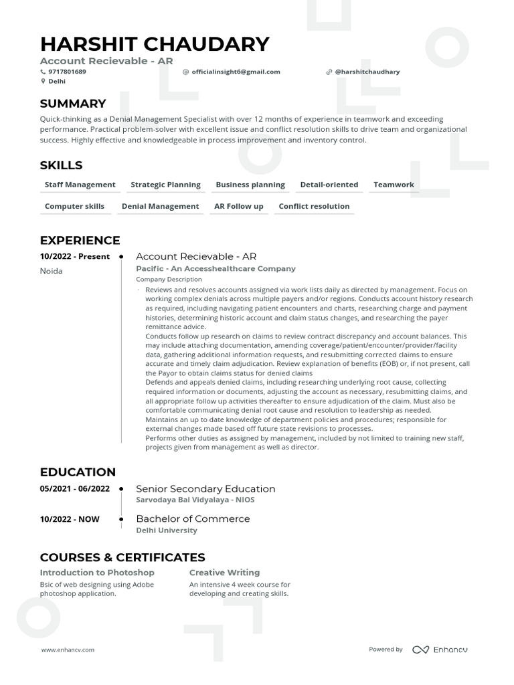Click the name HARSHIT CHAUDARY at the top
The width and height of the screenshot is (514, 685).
coord(155,44)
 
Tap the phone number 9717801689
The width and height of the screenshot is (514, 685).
coord(67,72)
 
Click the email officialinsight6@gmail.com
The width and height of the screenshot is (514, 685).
coord(236,72)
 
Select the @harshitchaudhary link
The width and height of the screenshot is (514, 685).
coord(367,72)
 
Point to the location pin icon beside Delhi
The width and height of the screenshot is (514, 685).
coord(44,82)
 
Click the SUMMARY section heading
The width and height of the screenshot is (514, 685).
coord(73,104)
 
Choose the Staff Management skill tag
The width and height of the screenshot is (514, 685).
coord(80,185)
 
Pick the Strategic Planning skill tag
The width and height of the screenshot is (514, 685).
coord(165,185)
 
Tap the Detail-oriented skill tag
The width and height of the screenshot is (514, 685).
coord(329,185)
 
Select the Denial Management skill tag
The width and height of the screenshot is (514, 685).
coord(160,206)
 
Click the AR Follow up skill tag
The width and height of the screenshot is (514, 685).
coord(238,206)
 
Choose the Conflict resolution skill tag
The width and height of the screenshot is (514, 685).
coord(314,206)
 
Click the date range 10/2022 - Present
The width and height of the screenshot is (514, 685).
coord(74,256)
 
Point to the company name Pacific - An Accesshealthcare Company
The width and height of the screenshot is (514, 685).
coord(216,268)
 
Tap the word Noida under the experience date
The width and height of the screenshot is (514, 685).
coord(52,271)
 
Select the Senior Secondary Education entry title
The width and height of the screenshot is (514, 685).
coord(205,488)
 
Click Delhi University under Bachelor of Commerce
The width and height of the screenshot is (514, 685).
coord(167,530)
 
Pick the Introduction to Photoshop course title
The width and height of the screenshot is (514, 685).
coord(97,573)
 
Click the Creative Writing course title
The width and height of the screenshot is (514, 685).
coord(224,573)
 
